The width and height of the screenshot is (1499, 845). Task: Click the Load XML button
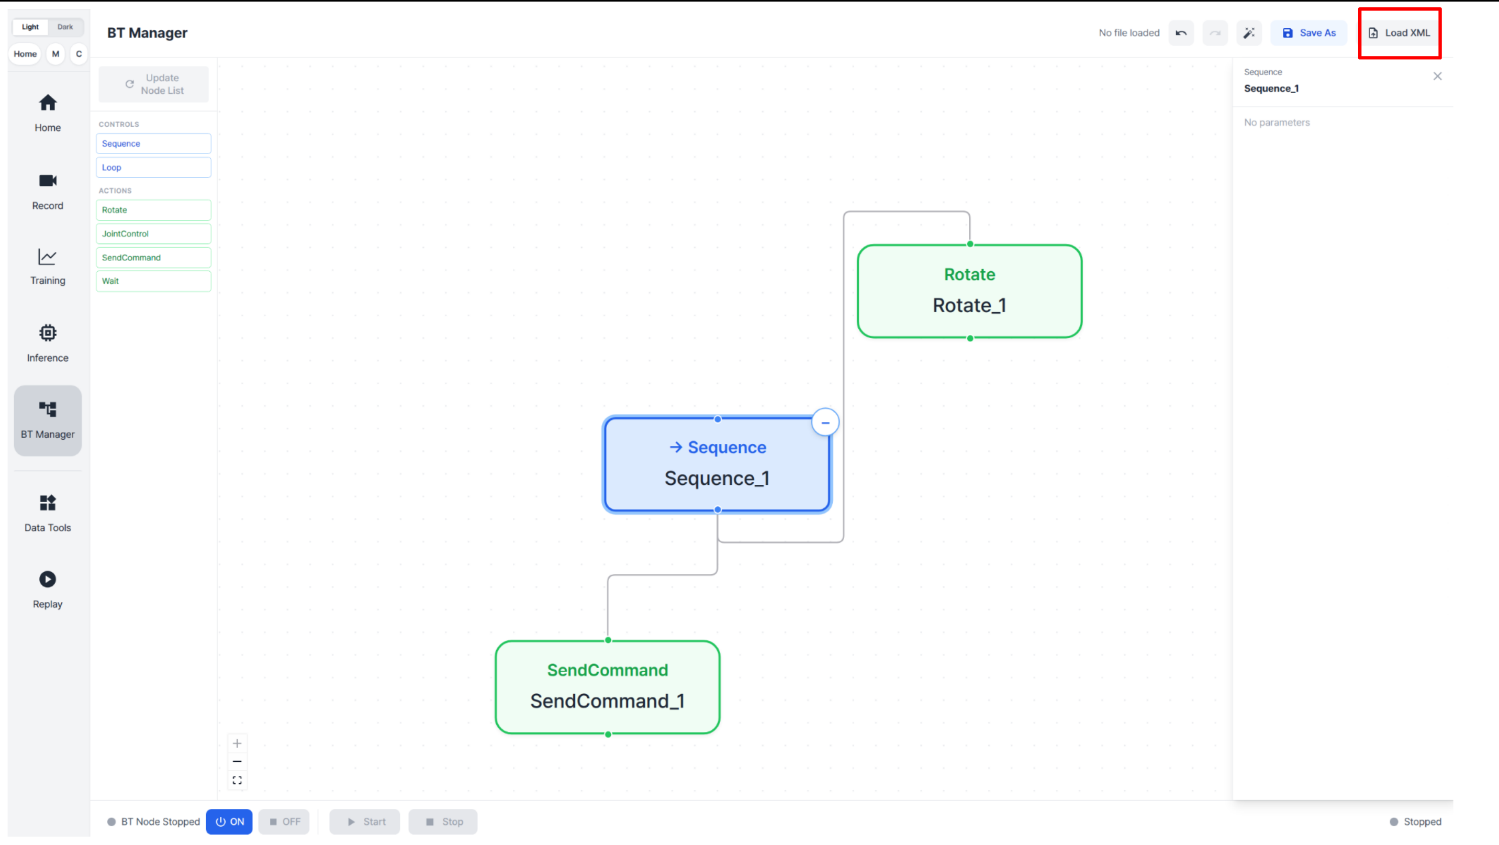click(1400, 33)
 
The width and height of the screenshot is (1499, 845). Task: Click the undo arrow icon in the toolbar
click(1181, 33)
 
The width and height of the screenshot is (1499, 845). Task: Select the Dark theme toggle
click(65, 27)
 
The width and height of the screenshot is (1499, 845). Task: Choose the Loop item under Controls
click(154, 168)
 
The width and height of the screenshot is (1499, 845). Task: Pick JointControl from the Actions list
click(154, 234)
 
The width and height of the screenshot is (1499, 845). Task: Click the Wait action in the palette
click(154, 281)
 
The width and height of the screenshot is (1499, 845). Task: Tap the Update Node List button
click(154, 84)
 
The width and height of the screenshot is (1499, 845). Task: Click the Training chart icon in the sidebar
click(48, 257)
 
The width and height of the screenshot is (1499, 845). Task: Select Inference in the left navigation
click(48, 344)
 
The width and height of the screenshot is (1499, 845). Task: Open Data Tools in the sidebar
click(48, 513)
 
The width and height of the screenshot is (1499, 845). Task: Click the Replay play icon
click(48, 580)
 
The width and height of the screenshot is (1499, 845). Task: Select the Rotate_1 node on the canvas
click(969, 292)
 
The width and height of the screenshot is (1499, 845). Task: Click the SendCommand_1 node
click(608, 687)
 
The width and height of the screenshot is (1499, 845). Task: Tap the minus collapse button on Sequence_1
click(825, 422)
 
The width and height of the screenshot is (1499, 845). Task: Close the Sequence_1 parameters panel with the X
click(1437, 76)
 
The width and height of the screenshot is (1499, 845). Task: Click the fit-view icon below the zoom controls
click(237, 781)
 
